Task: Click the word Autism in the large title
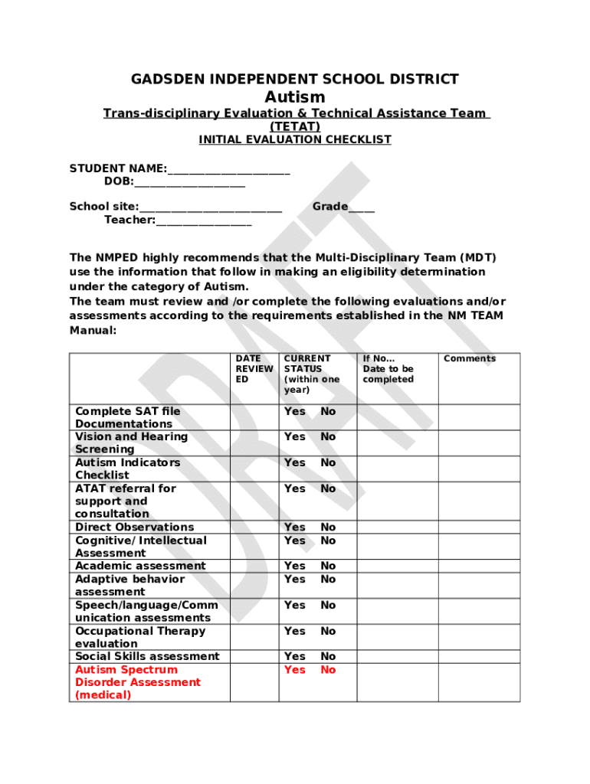pos(295,97)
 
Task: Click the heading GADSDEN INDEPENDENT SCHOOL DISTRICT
pos(295,79)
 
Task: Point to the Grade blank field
pos(362,208)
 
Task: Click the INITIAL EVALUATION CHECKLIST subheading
pos(295,139)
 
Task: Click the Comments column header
pos(470,358)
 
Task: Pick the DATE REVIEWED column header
pos(254,368)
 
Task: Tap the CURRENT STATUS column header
pos(311,374)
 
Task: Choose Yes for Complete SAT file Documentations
pos(294,411)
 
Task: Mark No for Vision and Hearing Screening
pos(328,436)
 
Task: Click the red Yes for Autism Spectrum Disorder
pos(294,670)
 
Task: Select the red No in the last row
pos(328,670)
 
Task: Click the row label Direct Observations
pos(134,527)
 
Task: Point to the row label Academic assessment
pos(140,566)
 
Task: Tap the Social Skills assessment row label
pos(147,656)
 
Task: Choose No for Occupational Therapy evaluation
pos(328,631)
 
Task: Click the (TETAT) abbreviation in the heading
pos(295,126)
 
